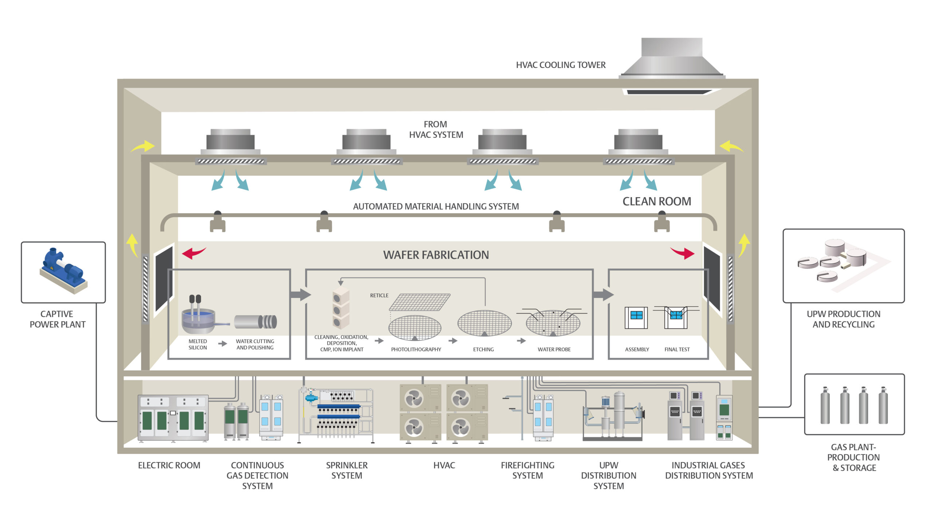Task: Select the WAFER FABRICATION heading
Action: (x=436, y=255)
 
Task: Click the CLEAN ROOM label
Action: (x=657, y=201)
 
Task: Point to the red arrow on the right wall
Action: (x=682, y=253)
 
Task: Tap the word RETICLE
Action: (x=379, y=295)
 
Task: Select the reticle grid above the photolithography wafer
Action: (x=420, y=302)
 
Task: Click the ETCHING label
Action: (x=483, y=349)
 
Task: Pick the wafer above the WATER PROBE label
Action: (x=553, y=323)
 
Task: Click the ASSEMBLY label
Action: (x=637, y=349)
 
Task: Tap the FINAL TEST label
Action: (x=677, y=349)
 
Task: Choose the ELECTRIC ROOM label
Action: (x=169, y=465)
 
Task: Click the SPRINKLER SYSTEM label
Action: (x=347, y=471)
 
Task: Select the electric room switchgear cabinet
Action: (x=173, y=418)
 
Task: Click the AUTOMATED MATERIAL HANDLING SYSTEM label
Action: (x=436, y=206)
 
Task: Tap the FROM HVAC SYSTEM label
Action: (x=436, y=130)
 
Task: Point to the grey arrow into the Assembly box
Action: (x=603, y=294)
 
